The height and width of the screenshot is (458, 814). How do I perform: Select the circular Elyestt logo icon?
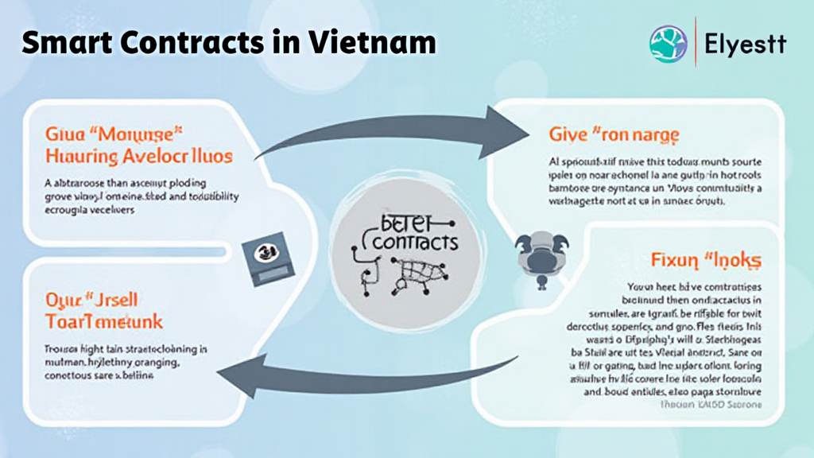[x=668, y=44]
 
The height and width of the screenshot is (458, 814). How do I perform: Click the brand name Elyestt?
[x=745, y=44]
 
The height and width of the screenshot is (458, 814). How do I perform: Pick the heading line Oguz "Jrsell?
[x=94, y=300]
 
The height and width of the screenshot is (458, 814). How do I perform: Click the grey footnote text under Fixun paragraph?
[x=711, y=404]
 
